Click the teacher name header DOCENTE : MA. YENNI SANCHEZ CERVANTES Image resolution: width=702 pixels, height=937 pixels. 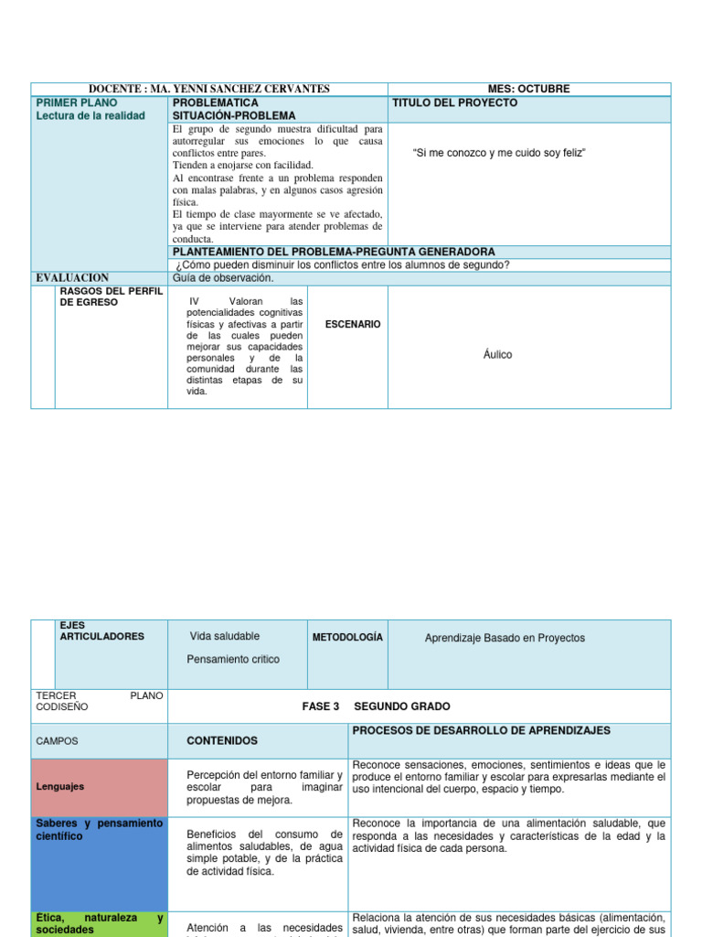tap(209, 89)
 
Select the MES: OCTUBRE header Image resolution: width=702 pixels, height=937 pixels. tap(528, 89)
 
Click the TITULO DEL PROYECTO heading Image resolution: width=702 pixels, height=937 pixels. tap(454, 102)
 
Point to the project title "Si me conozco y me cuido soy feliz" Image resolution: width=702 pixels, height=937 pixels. tap(499, 153)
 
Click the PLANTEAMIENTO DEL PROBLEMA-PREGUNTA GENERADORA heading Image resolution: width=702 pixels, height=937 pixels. tap(334, 252)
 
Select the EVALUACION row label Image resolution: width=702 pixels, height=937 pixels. tap(72, 277)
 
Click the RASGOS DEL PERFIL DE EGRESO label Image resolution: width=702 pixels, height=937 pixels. tap(111, 296)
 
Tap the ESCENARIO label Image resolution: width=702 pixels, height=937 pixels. tap(353, 324)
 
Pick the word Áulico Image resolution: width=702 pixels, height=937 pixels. tap(498, 354)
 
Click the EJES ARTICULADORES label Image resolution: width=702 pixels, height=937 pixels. tap(101, 630)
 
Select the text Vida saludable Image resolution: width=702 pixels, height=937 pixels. tap(225, 636)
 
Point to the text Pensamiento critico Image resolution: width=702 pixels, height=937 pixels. tap(233, 659)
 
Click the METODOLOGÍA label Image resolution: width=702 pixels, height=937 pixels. tap(347, 637)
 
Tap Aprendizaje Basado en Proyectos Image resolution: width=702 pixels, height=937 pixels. tap(505, 638)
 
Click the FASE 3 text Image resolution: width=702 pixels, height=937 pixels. tap(320, 706)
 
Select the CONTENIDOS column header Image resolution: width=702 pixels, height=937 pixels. tap(222, 740)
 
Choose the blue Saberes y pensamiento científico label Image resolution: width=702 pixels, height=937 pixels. tap(99, 830)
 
